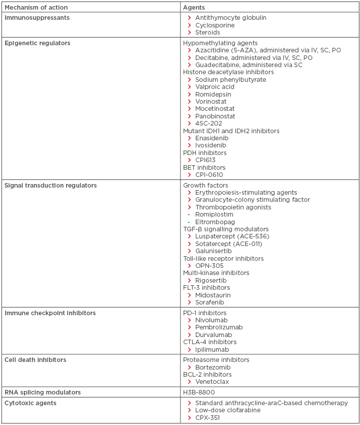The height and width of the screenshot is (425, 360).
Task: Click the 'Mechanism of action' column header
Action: click(36, 8)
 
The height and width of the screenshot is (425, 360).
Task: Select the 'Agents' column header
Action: click(194, 8)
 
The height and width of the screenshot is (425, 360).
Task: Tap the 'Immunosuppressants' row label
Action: click(37, 18)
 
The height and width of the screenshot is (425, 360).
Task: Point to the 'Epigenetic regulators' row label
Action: click(37, 43)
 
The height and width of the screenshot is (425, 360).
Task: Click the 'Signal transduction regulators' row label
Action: click(50, 186)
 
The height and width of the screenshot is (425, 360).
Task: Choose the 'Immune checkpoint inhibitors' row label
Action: click(50, 313)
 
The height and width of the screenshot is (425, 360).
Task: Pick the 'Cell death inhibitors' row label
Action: click(36, 360)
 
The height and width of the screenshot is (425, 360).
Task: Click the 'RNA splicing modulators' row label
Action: click(42, 392)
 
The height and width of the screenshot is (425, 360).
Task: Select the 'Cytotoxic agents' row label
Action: click(31, 403)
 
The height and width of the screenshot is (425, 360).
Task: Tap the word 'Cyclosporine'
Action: click(215, 25)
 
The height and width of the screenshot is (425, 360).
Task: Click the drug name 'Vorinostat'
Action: click(212, 102)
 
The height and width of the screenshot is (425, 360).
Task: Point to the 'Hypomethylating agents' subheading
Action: click(220, 43)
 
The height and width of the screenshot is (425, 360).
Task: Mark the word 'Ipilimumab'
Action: click(212, 350)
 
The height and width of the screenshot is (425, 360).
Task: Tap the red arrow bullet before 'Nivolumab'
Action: click(189, 320)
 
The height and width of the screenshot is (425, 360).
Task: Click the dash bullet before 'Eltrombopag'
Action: click(189, 222)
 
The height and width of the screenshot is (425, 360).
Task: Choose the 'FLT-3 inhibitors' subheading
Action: click(206, 288)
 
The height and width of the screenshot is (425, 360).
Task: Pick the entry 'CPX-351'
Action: click(209, 418)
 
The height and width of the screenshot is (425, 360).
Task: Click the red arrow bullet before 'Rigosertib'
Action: click(189, 281)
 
